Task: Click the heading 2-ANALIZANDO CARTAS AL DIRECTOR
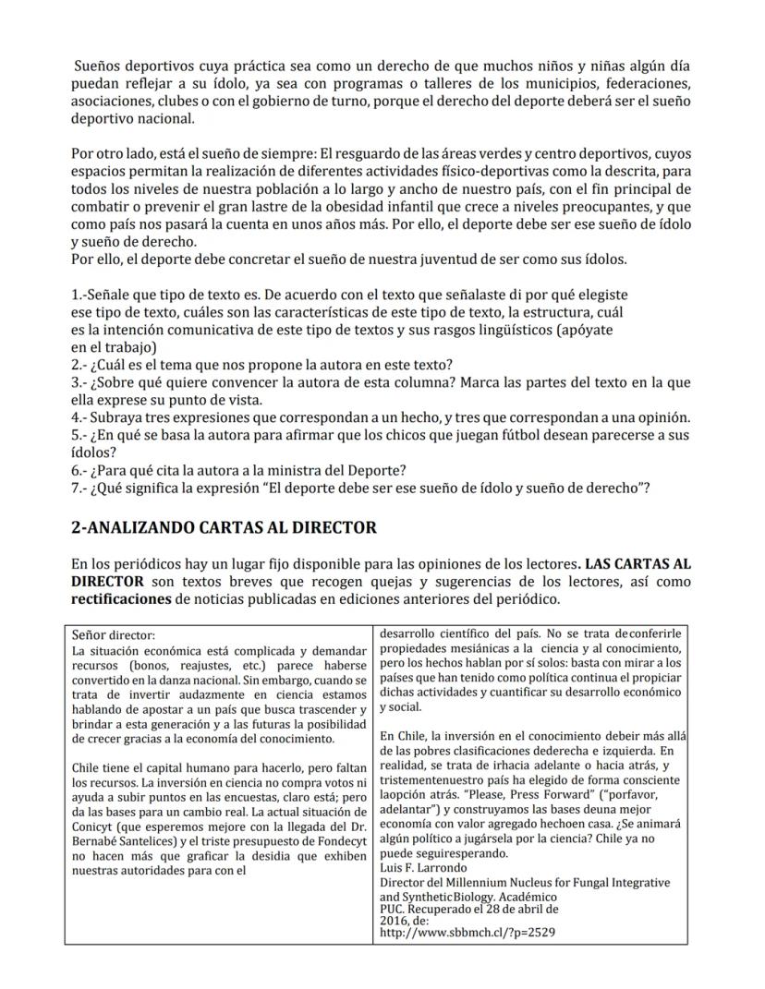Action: [x=224, y=527]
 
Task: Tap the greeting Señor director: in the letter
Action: [x=114, y=635]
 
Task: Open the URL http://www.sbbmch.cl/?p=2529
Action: [x=467, y=933]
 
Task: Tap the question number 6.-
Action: [x=81, y=470]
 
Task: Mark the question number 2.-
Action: [x=81, y=365]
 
